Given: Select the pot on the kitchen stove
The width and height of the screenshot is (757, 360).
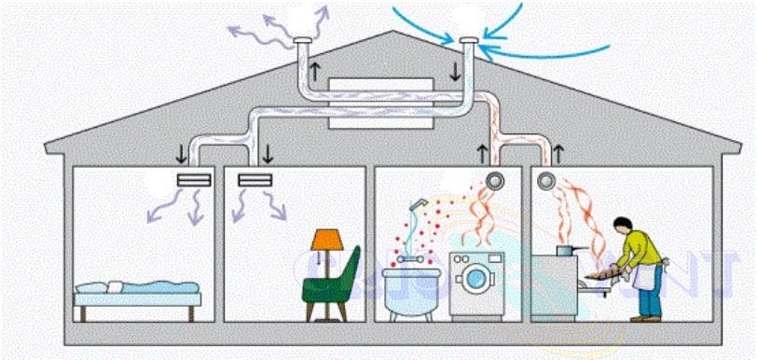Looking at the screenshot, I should tap(566, 249).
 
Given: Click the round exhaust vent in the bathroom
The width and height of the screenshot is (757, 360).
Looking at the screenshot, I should tap(494, 180).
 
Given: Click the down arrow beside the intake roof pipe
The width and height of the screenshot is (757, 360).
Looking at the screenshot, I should tap(455, 71).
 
